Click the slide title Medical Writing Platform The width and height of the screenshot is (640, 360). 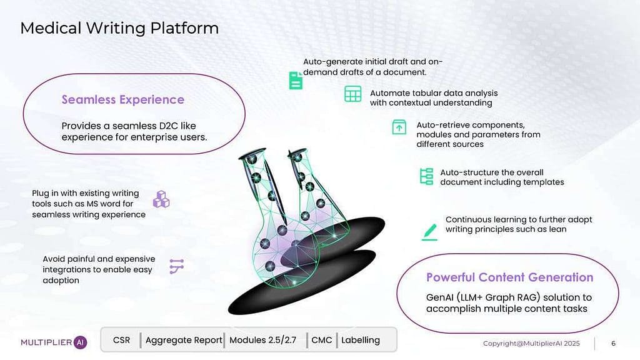(119, 28)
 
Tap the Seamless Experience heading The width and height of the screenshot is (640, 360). (123, 99)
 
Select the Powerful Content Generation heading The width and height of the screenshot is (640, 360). (509, 277)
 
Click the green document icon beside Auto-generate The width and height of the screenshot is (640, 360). (296, 81)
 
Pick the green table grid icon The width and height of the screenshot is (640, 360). (352, 94)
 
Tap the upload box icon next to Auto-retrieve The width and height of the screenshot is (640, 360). (399, 127)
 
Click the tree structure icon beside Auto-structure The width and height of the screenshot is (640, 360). (426, 176)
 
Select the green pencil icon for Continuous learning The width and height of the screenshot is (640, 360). (429, 232)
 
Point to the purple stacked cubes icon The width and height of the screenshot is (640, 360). (161, 199)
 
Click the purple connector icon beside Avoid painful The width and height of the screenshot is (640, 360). (177, 267)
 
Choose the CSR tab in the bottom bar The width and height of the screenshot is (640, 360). (122, 340)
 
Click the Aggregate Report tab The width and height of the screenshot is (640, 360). (184, 340)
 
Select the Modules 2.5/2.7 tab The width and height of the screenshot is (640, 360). (262, 340)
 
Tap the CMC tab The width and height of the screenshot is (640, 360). (322, 340)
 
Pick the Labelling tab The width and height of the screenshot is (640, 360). (361, 340)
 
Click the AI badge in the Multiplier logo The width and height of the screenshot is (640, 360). (81, 342)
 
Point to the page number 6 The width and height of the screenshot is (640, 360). (613, 343)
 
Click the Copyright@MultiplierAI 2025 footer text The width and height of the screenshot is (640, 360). (532, 343)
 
